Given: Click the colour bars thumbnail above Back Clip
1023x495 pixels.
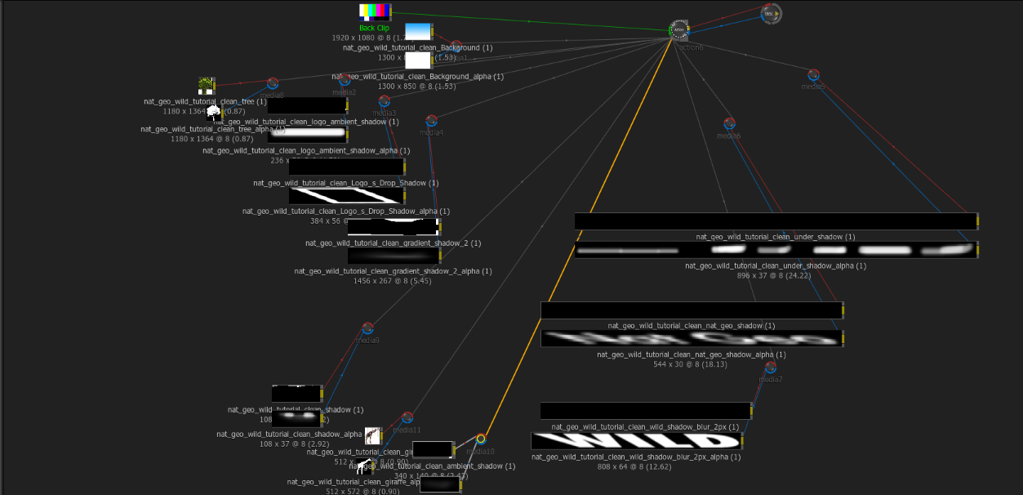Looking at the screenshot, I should (374, 11).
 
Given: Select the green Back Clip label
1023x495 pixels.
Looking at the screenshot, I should (374, 28).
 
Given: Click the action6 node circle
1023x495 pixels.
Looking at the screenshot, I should (678, 31).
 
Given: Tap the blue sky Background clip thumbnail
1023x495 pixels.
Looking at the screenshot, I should (417, 31).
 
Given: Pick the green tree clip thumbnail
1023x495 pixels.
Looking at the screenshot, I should (206, 86).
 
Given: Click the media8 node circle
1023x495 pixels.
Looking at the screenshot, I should (273, 83).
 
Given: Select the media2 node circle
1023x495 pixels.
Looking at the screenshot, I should (345, 80).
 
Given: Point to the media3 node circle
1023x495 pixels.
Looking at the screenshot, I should (385, 101).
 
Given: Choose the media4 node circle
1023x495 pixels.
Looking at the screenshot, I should (431, 121).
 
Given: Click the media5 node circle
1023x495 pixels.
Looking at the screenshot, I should (812, 75).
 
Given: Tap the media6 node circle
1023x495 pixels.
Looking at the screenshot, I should (729, 124).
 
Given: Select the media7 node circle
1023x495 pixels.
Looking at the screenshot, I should (770, 368).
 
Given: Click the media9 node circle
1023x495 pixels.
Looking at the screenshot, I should (367, 328).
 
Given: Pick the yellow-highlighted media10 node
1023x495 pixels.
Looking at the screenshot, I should (481, 439).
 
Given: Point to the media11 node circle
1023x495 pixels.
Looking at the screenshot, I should (407, 418).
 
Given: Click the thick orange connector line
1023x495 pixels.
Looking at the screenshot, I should (572, 245).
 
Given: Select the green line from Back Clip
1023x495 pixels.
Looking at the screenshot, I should (531, 21).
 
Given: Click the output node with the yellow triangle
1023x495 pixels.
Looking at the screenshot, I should (771, 13).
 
